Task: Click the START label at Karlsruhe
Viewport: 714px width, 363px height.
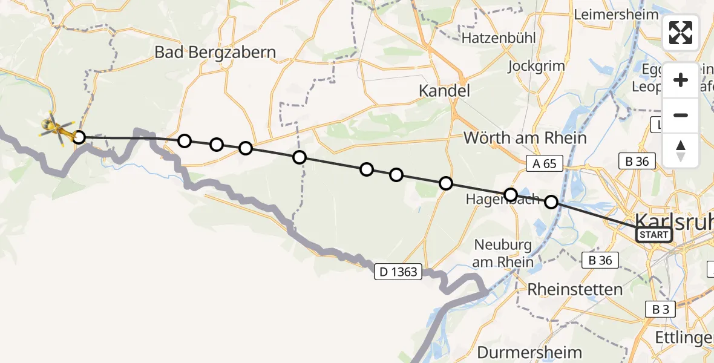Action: [x=654, y=235]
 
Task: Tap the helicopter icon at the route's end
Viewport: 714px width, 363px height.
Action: [x=57, y=128]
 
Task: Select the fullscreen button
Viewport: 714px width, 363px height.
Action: [x=681, y=33]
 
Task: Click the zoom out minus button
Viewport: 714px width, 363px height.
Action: [x=681, y=115]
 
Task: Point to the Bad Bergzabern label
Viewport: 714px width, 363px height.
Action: [x=215, y=53]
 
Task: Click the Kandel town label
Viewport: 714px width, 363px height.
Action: [x=445, y=92]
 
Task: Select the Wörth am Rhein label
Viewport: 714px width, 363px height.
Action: [x=525, y=138]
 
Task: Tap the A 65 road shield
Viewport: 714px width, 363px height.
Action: [x=544, y=163]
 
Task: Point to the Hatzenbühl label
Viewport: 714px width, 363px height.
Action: [x=499, y=38]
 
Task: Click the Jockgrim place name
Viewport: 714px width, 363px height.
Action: [x=537, y=66]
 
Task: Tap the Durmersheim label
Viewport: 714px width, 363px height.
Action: [x=529, y=352]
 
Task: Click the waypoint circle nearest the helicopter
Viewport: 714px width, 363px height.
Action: [x=79, y=137]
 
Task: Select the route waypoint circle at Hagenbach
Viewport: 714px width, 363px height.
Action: [x=511, y=195]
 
